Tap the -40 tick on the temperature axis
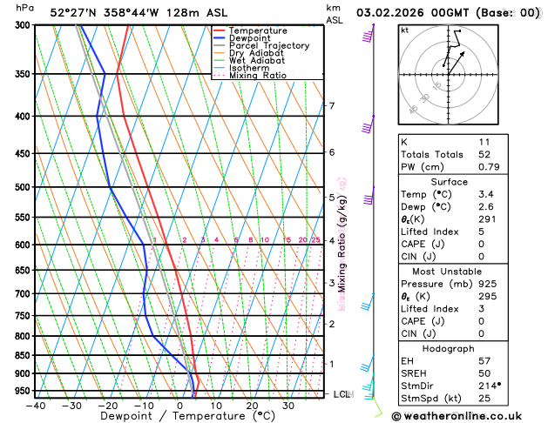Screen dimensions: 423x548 click(x=36, y=405)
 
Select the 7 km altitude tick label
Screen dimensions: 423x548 click(x=331, y=106)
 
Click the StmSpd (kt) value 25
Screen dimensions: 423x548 click(x=485, y=398)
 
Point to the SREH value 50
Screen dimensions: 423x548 click(x=485, y=373)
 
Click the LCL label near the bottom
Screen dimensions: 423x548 click(x=342, y=394)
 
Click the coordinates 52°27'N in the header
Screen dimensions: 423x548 click(x=75, y=13)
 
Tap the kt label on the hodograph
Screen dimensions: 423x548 click(x=405, y=30)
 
